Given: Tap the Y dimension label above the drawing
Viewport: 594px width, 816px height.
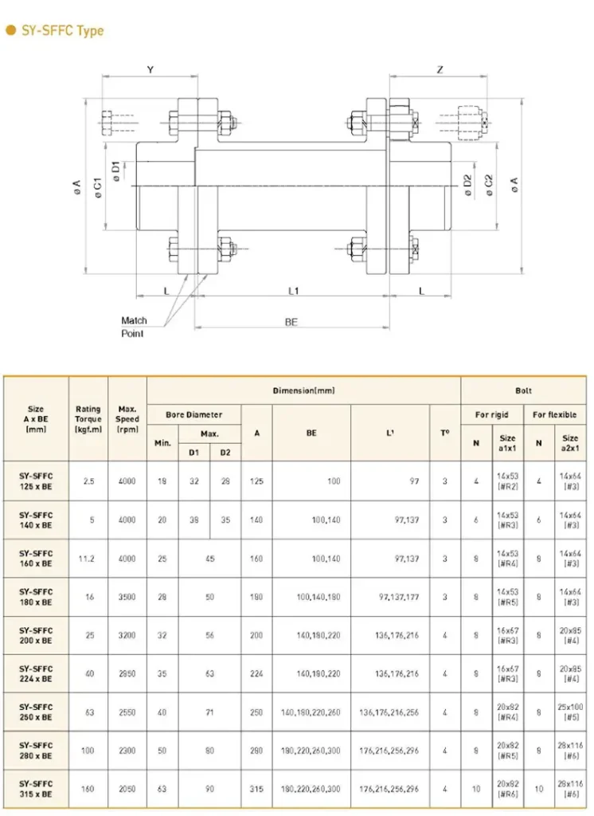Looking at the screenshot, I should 150,70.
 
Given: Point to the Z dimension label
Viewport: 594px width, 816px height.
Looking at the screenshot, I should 440,70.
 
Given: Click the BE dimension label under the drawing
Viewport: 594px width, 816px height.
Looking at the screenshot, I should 291,322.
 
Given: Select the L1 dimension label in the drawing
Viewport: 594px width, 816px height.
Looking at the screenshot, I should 292,291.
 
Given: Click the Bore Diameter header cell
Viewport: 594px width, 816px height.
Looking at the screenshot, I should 193,415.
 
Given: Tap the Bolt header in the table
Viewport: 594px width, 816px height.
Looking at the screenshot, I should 523,390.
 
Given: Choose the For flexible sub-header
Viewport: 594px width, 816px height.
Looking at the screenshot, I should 554,415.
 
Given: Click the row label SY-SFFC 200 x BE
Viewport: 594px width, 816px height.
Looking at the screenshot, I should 37,636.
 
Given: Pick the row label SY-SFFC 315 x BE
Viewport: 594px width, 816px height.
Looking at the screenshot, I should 37,789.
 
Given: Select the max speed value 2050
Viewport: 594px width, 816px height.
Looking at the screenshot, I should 127,789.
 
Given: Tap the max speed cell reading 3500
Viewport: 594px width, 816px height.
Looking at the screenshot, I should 127,598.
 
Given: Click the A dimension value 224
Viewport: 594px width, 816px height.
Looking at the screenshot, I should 256,674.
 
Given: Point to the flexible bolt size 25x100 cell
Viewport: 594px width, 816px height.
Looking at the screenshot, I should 570,712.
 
